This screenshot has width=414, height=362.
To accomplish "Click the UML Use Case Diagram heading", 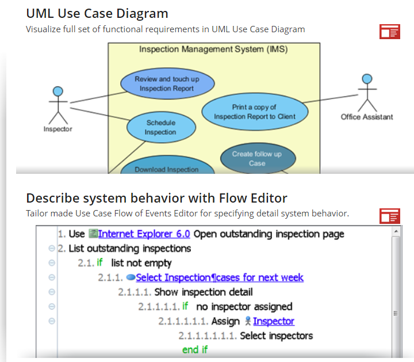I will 97,13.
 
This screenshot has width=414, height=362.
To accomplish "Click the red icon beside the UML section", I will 389,32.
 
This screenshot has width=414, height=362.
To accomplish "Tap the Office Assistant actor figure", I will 367,93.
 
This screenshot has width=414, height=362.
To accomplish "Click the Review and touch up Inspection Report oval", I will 167,84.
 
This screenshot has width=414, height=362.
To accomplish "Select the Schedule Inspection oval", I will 160,127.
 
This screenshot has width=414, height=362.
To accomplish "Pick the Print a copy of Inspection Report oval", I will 254,112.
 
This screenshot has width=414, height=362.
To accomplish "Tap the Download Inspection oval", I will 167,169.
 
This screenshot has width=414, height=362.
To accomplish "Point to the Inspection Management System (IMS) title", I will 213,49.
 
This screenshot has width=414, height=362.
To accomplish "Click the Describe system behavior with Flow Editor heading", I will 156,199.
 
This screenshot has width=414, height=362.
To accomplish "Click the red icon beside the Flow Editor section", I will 389,216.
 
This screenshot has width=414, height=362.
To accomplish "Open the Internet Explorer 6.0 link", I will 144,234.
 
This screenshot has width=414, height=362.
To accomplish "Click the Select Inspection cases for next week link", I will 220,277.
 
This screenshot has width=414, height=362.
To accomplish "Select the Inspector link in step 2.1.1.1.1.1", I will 273,321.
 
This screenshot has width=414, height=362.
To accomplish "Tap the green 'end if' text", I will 194,349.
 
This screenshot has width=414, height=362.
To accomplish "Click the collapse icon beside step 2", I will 52,249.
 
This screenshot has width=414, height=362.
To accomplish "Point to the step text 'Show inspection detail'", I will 204,292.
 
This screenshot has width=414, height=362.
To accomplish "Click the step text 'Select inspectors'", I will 276,335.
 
